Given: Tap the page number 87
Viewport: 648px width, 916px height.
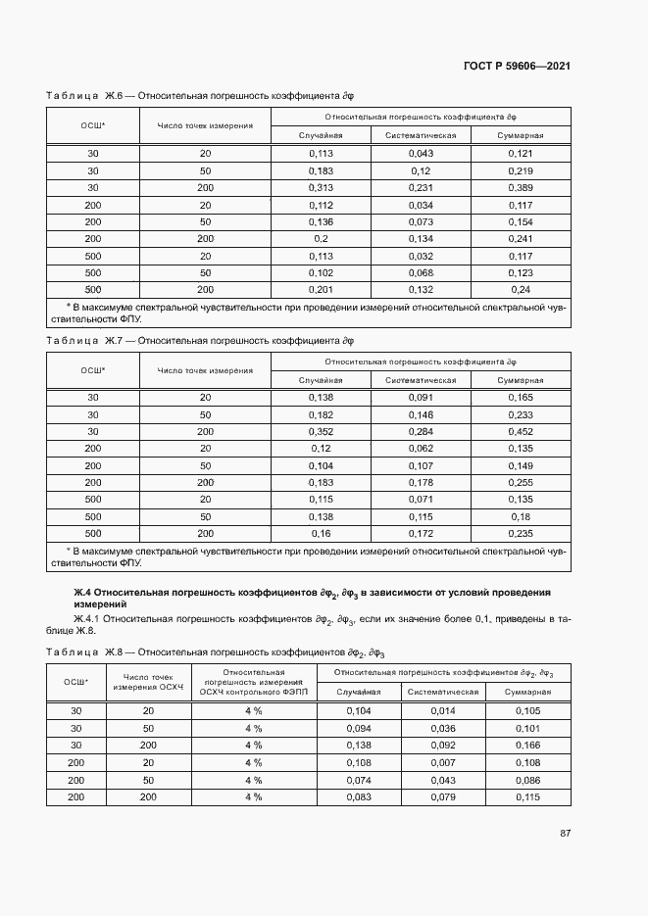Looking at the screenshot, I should tap(566, 834).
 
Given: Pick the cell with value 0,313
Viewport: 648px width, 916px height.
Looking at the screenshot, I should tap(321, 187).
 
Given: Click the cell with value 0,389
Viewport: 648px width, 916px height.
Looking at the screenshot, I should tap(521, 187).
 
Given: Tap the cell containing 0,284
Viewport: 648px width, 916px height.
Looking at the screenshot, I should tap(421, 432).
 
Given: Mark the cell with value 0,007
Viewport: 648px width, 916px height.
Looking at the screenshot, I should tap(443, 762).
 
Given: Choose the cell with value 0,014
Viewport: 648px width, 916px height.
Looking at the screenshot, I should tap(443, 711).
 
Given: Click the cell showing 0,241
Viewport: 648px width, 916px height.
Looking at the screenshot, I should tap(521, 238).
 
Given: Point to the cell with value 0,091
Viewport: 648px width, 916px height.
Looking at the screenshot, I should tap(421, 398).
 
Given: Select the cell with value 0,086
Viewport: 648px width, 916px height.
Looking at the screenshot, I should tap(528, 780).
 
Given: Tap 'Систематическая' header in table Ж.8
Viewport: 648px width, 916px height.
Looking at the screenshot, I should tap(443, 692).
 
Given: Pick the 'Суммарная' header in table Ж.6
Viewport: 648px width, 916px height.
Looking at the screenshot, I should tap(521, 135).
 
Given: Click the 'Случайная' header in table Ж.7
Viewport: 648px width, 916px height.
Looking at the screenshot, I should tap(321, 380).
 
